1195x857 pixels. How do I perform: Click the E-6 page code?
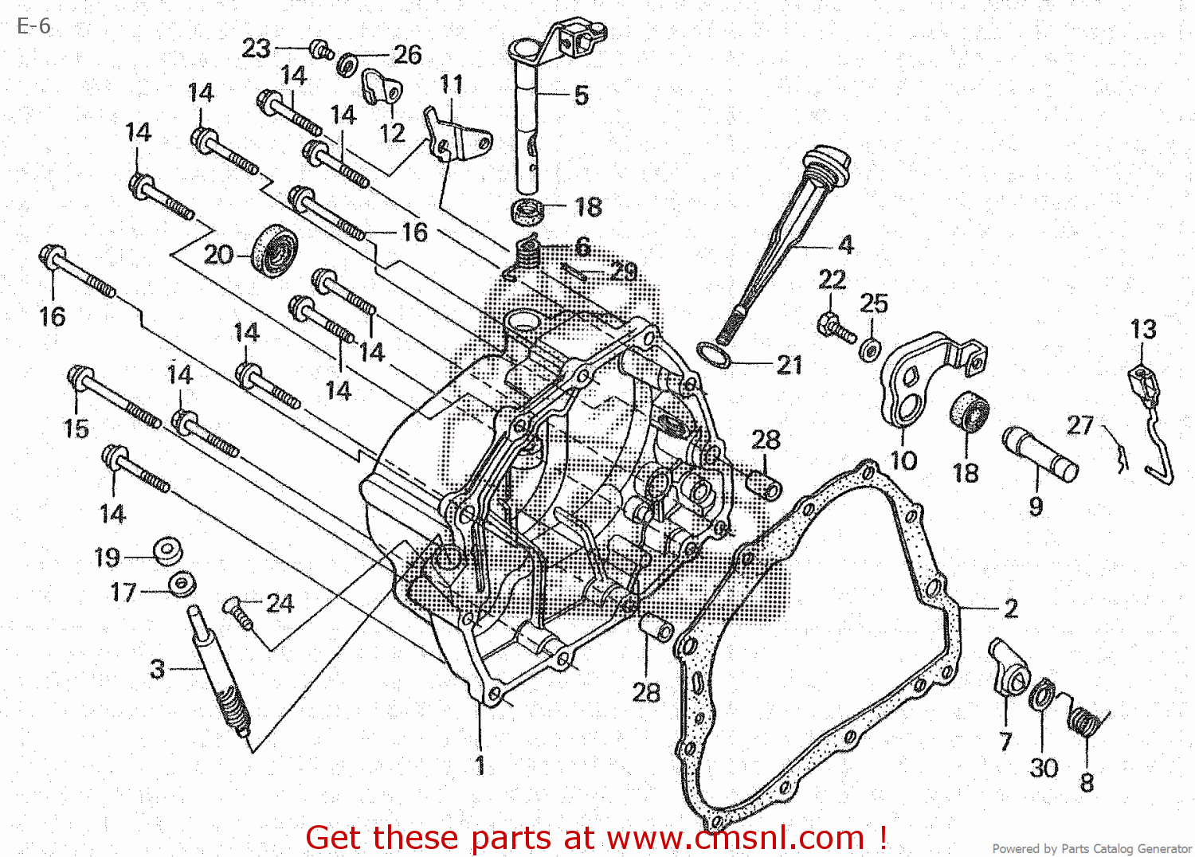[33, 26]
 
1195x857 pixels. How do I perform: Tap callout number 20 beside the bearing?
[217, 255]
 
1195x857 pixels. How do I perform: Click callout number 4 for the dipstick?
[845, 245]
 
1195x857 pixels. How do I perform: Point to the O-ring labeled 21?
[713, 357]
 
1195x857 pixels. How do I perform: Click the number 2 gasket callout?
[1010, 609]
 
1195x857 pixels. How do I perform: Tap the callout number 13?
[1142, 330]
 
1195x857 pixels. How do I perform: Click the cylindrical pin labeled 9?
[1040, 454]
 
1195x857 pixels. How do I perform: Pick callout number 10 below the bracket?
[903, 460]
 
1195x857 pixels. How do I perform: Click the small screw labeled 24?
[238, 611]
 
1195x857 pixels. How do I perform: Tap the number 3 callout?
[158, 669]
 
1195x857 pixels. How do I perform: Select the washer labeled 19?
[168, 550]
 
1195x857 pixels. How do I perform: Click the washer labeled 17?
[182, 585]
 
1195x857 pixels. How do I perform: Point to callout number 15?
[76, 428]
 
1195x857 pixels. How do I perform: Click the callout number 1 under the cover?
[480, 765]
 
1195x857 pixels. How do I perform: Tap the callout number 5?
[582, 96]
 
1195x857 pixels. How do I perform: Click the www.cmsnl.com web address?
[735, 838]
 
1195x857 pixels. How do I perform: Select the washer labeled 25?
[871, 350]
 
